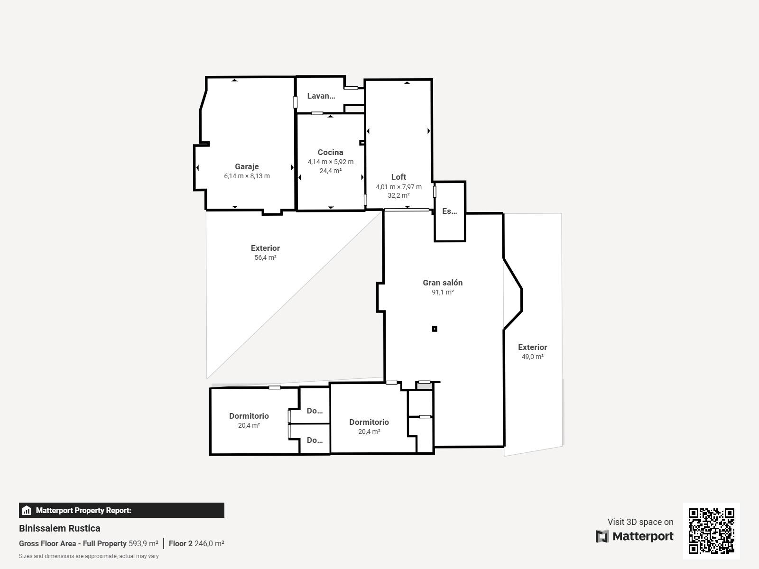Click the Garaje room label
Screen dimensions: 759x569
click(x=247, y=166)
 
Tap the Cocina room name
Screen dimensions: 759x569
click(x=330, y=152)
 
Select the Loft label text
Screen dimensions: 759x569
click(x=398, y=177)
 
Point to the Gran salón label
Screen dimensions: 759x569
click(x=443, y=283)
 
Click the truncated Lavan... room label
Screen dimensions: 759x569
click(x=321, y=96)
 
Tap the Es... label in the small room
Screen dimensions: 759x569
click(x=450, y=211)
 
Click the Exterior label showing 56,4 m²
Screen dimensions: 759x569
click(x=265, y=248)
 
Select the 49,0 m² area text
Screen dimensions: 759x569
click(x=533, y=357)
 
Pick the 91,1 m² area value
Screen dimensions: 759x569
click(x=443, y=292)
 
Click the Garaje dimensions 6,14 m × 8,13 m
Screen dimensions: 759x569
click(x=247, y=176)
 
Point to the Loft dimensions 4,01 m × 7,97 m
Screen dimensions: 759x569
click(x=398, y=187)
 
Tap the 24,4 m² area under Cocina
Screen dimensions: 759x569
click(x=331, y=171)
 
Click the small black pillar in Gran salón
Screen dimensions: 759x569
click(x=435, y=329)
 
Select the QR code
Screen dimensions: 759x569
click(x=711, y=531)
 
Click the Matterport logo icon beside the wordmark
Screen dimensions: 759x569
click(x=602, y=536)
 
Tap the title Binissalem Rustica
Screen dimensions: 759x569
click(x=59, y=528)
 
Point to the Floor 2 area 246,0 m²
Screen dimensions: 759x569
click(x=196, y=543)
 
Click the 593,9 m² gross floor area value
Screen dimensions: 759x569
click(x=144, y=543)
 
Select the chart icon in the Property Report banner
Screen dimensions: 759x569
click(x=26, y=510)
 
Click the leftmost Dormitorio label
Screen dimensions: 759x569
click(x=249, y=416)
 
